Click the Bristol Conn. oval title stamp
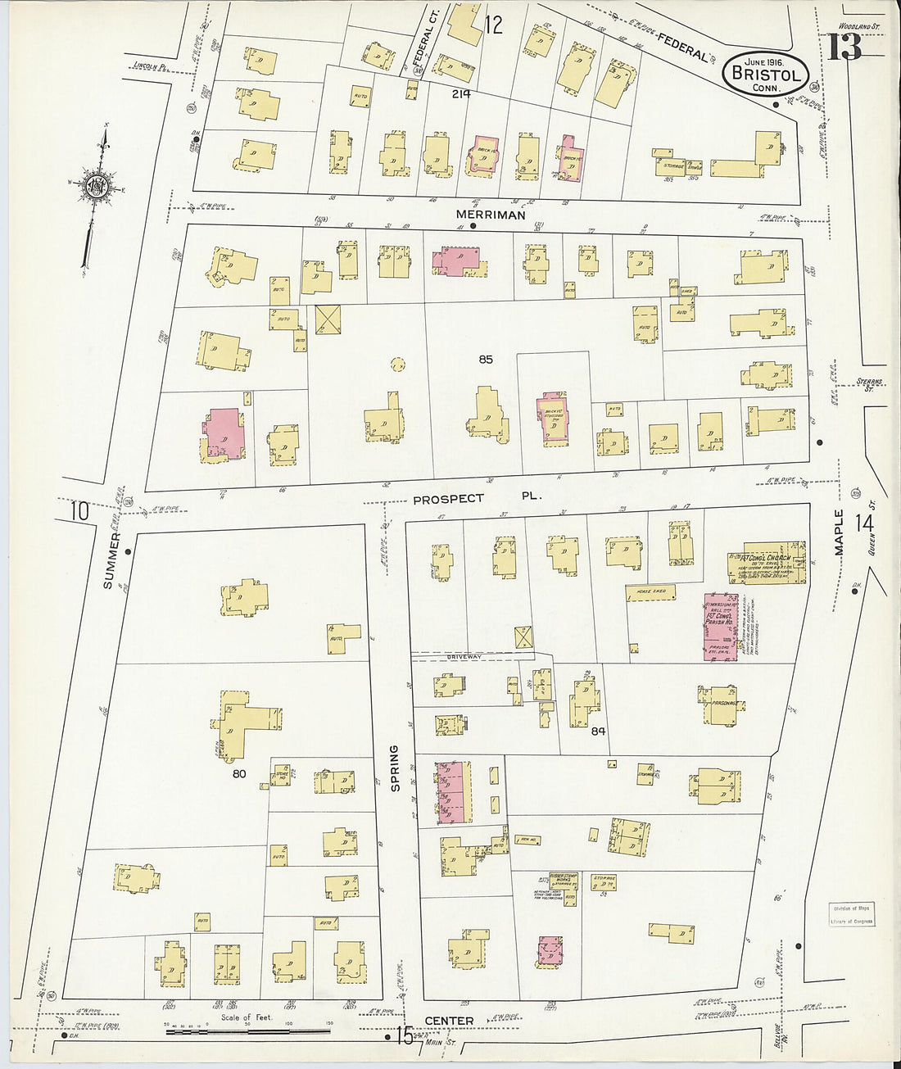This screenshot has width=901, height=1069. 766,74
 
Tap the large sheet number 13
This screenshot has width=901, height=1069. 844,47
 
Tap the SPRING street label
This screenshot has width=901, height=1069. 394,768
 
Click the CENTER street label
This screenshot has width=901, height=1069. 449,1021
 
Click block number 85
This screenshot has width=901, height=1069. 486,359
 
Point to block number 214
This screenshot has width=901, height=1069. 461,94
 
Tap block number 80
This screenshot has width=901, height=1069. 239,772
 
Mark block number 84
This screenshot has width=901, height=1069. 598,731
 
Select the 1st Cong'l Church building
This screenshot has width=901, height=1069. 767,562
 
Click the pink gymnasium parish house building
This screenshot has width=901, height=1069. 718,627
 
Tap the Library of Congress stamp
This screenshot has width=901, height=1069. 853,914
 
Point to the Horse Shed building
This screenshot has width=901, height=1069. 651,591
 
